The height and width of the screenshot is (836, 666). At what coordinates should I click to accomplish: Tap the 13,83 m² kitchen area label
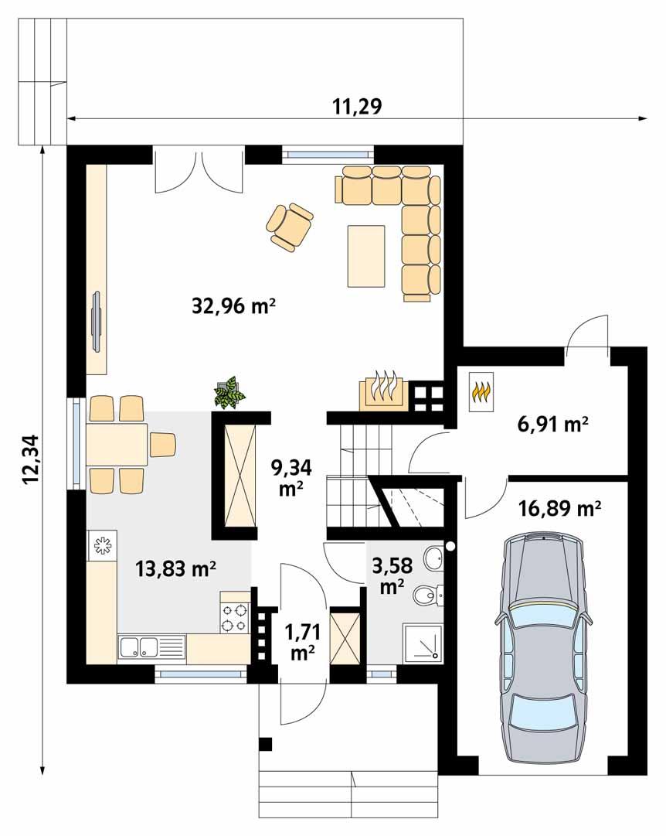click(x=175, y=570)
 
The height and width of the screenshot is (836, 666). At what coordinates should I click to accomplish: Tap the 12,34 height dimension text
click(x=30, y=459)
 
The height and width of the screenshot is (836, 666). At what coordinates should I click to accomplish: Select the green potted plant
click(x=229, y=392)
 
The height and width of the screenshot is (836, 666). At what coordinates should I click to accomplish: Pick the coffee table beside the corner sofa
click(x=366, y=255)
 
